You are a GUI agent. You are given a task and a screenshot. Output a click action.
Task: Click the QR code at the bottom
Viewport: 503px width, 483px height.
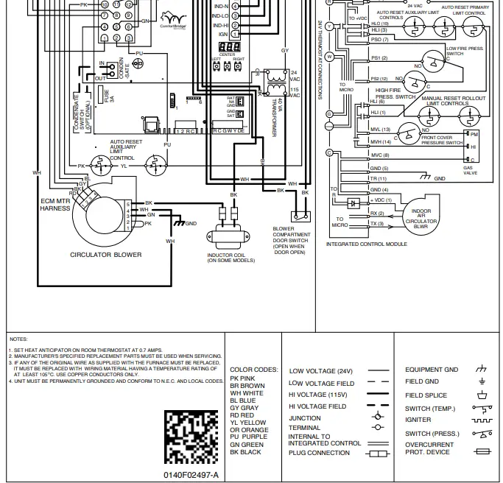[191, 436]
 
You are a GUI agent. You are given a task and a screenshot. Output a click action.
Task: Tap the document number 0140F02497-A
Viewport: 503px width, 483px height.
[191, 474]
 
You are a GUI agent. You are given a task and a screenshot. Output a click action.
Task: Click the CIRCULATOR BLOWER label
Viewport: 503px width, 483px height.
[106, 255]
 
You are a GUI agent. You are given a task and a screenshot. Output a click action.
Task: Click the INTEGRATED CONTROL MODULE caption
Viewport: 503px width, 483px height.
[366, 244]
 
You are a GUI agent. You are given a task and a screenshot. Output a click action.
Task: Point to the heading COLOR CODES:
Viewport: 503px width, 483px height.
[253, 370]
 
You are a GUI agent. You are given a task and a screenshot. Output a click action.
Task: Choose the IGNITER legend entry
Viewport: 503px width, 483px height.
[418, 419]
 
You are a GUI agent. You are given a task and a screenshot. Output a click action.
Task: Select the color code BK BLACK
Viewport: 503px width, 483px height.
[245, 452]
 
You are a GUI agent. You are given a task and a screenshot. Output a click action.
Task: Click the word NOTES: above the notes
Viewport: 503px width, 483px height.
[18, 339]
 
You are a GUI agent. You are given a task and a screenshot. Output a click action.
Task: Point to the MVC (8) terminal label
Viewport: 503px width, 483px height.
[380, 155]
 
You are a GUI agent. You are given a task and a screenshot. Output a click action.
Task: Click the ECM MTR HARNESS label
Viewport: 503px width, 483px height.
[55, 205]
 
